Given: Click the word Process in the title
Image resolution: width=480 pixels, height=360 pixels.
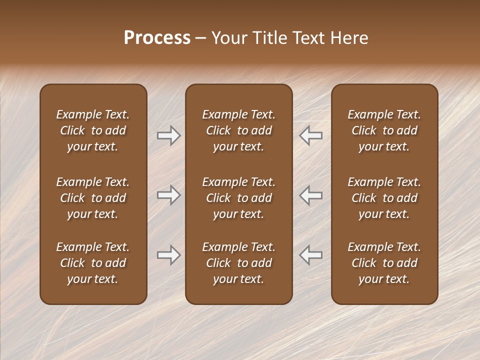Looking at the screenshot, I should pos(157,38).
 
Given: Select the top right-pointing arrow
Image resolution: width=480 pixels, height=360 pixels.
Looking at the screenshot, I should pos(168,135).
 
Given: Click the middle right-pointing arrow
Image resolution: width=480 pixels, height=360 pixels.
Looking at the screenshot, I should pos(168,195).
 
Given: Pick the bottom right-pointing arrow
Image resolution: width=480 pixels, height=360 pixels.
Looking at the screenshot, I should pos(168,255).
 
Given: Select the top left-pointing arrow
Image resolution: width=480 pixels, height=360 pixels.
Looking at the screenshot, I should pos(311,135).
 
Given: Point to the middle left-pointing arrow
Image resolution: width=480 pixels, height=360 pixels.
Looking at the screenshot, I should pos(311,195).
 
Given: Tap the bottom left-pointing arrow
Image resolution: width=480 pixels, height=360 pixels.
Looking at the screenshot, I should pos(311,255).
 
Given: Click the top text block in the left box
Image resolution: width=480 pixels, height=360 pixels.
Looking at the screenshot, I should pos(93,130).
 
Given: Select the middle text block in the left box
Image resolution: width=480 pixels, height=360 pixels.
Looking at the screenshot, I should pos(93,198).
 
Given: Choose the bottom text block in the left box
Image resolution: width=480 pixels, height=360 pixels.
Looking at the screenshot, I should pos(93,263).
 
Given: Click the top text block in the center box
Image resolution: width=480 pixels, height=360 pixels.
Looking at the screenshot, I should pos(238,130).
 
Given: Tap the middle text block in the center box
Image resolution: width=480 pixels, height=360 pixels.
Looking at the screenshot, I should pos(238,198).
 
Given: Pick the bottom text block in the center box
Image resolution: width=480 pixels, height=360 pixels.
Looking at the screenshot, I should pos(238,263).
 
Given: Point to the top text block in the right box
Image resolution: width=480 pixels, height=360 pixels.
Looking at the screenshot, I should pos(384,130).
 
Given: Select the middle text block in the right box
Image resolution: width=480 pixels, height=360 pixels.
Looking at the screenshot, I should pos(384,198).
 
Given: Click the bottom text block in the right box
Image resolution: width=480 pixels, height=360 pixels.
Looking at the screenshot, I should pos(384,263).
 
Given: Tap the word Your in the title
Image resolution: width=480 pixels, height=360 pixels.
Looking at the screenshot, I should pos(228,38).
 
